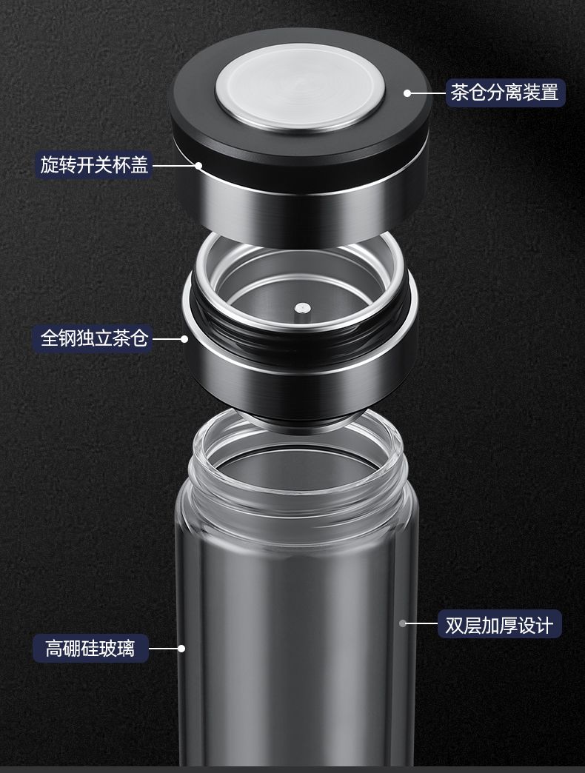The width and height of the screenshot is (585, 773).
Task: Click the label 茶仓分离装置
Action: click(x=505, y=93)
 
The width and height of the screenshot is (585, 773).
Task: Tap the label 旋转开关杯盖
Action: click(x=94, y=164)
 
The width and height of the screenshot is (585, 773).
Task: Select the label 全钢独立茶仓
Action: click(x=94, y=338)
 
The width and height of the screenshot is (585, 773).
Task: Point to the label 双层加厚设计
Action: click(x=499, y=625)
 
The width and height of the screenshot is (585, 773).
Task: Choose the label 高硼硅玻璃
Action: click(x=90, y=648)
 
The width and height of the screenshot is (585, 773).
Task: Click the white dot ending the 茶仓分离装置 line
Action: click(x=407, y=93)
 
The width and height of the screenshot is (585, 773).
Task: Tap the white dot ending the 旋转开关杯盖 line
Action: click(x=198, y=165)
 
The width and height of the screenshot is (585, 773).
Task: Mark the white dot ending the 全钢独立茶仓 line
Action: click(x=184, y=338)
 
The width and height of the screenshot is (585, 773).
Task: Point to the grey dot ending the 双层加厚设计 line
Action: click(x=403, y=623)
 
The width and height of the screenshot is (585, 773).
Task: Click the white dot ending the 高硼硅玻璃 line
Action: click(x=181, y=649)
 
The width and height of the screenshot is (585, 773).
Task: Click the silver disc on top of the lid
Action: click(x=300, y=88)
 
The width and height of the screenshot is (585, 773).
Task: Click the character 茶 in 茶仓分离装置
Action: click(x=459, y=93)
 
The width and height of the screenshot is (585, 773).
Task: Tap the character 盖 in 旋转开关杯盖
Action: click(x=139, y=164)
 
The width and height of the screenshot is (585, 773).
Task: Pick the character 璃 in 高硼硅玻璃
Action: click(x=126, y=648)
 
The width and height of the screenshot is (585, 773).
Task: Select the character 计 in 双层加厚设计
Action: click(x=544, y=625)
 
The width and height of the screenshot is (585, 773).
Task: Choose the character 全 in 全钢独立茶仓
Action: click(x=50, y=338)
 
